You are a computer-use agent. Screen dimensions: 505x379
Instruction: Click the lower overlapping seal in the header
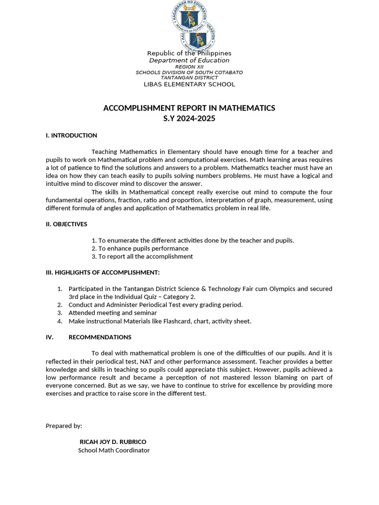pyautogui.click(x=198, y=36)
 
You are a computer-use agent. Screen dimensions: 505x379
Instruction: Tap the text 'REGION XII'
pyautogui.click(x=189, y=67)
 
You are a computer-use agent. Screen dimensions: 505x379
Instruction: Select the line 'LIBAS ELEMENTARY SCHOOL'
pyautogui.click(x=189, y=84)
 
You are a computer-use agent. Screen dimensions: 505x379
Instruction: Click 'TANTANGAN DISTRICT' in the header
pyautogui.click(x=189, y=77)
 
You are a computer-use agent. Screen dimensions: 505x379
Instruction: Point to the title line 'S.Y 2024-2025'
pyautogui.click(x=189, y=118)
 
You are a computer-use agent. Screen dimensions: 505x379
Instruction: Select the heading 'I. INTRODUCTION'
pyautogui.click(x=71, y=135)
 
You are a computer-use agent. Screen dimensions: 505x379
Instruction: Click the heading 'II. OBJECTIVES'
pyautogui.click(x=66, y=224)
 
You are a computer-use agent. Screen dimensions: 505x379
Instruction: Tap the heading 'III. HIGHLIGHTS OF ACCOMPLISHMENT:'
pyautogui.click(x=103, y=272)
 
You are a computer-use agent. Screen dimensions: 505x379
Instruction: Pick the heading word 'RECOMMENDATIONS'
pyautogui.click(x=100, y=337)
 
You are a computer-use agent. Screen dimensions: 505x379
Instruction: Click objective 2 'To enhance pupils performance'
pyautogui.click(x=143, y=249)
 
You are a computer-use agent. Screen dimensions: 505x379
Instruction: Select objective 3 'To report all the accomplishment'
pyautogui.click(x=145, y=256)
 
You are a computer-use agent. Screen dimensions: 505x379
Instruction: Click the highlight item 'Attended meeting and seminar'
pyautogui.click(x=113, y=313)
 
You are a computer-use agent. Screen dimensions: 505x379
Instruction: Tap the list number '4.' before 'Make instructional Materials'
pyautogui.click(x=60, y=321)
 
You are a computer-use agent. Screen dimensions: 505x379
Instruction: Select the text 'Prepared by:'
pyautogui.click(x=64, y=426)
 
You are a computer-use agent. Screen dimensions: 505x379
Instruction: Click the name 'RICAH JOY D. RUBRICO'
pyautogui.click(x=113, y=442)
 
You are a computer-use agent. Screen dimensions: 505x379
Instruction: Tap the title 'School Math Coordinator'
pyautogui.click(x=114, y=450)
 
